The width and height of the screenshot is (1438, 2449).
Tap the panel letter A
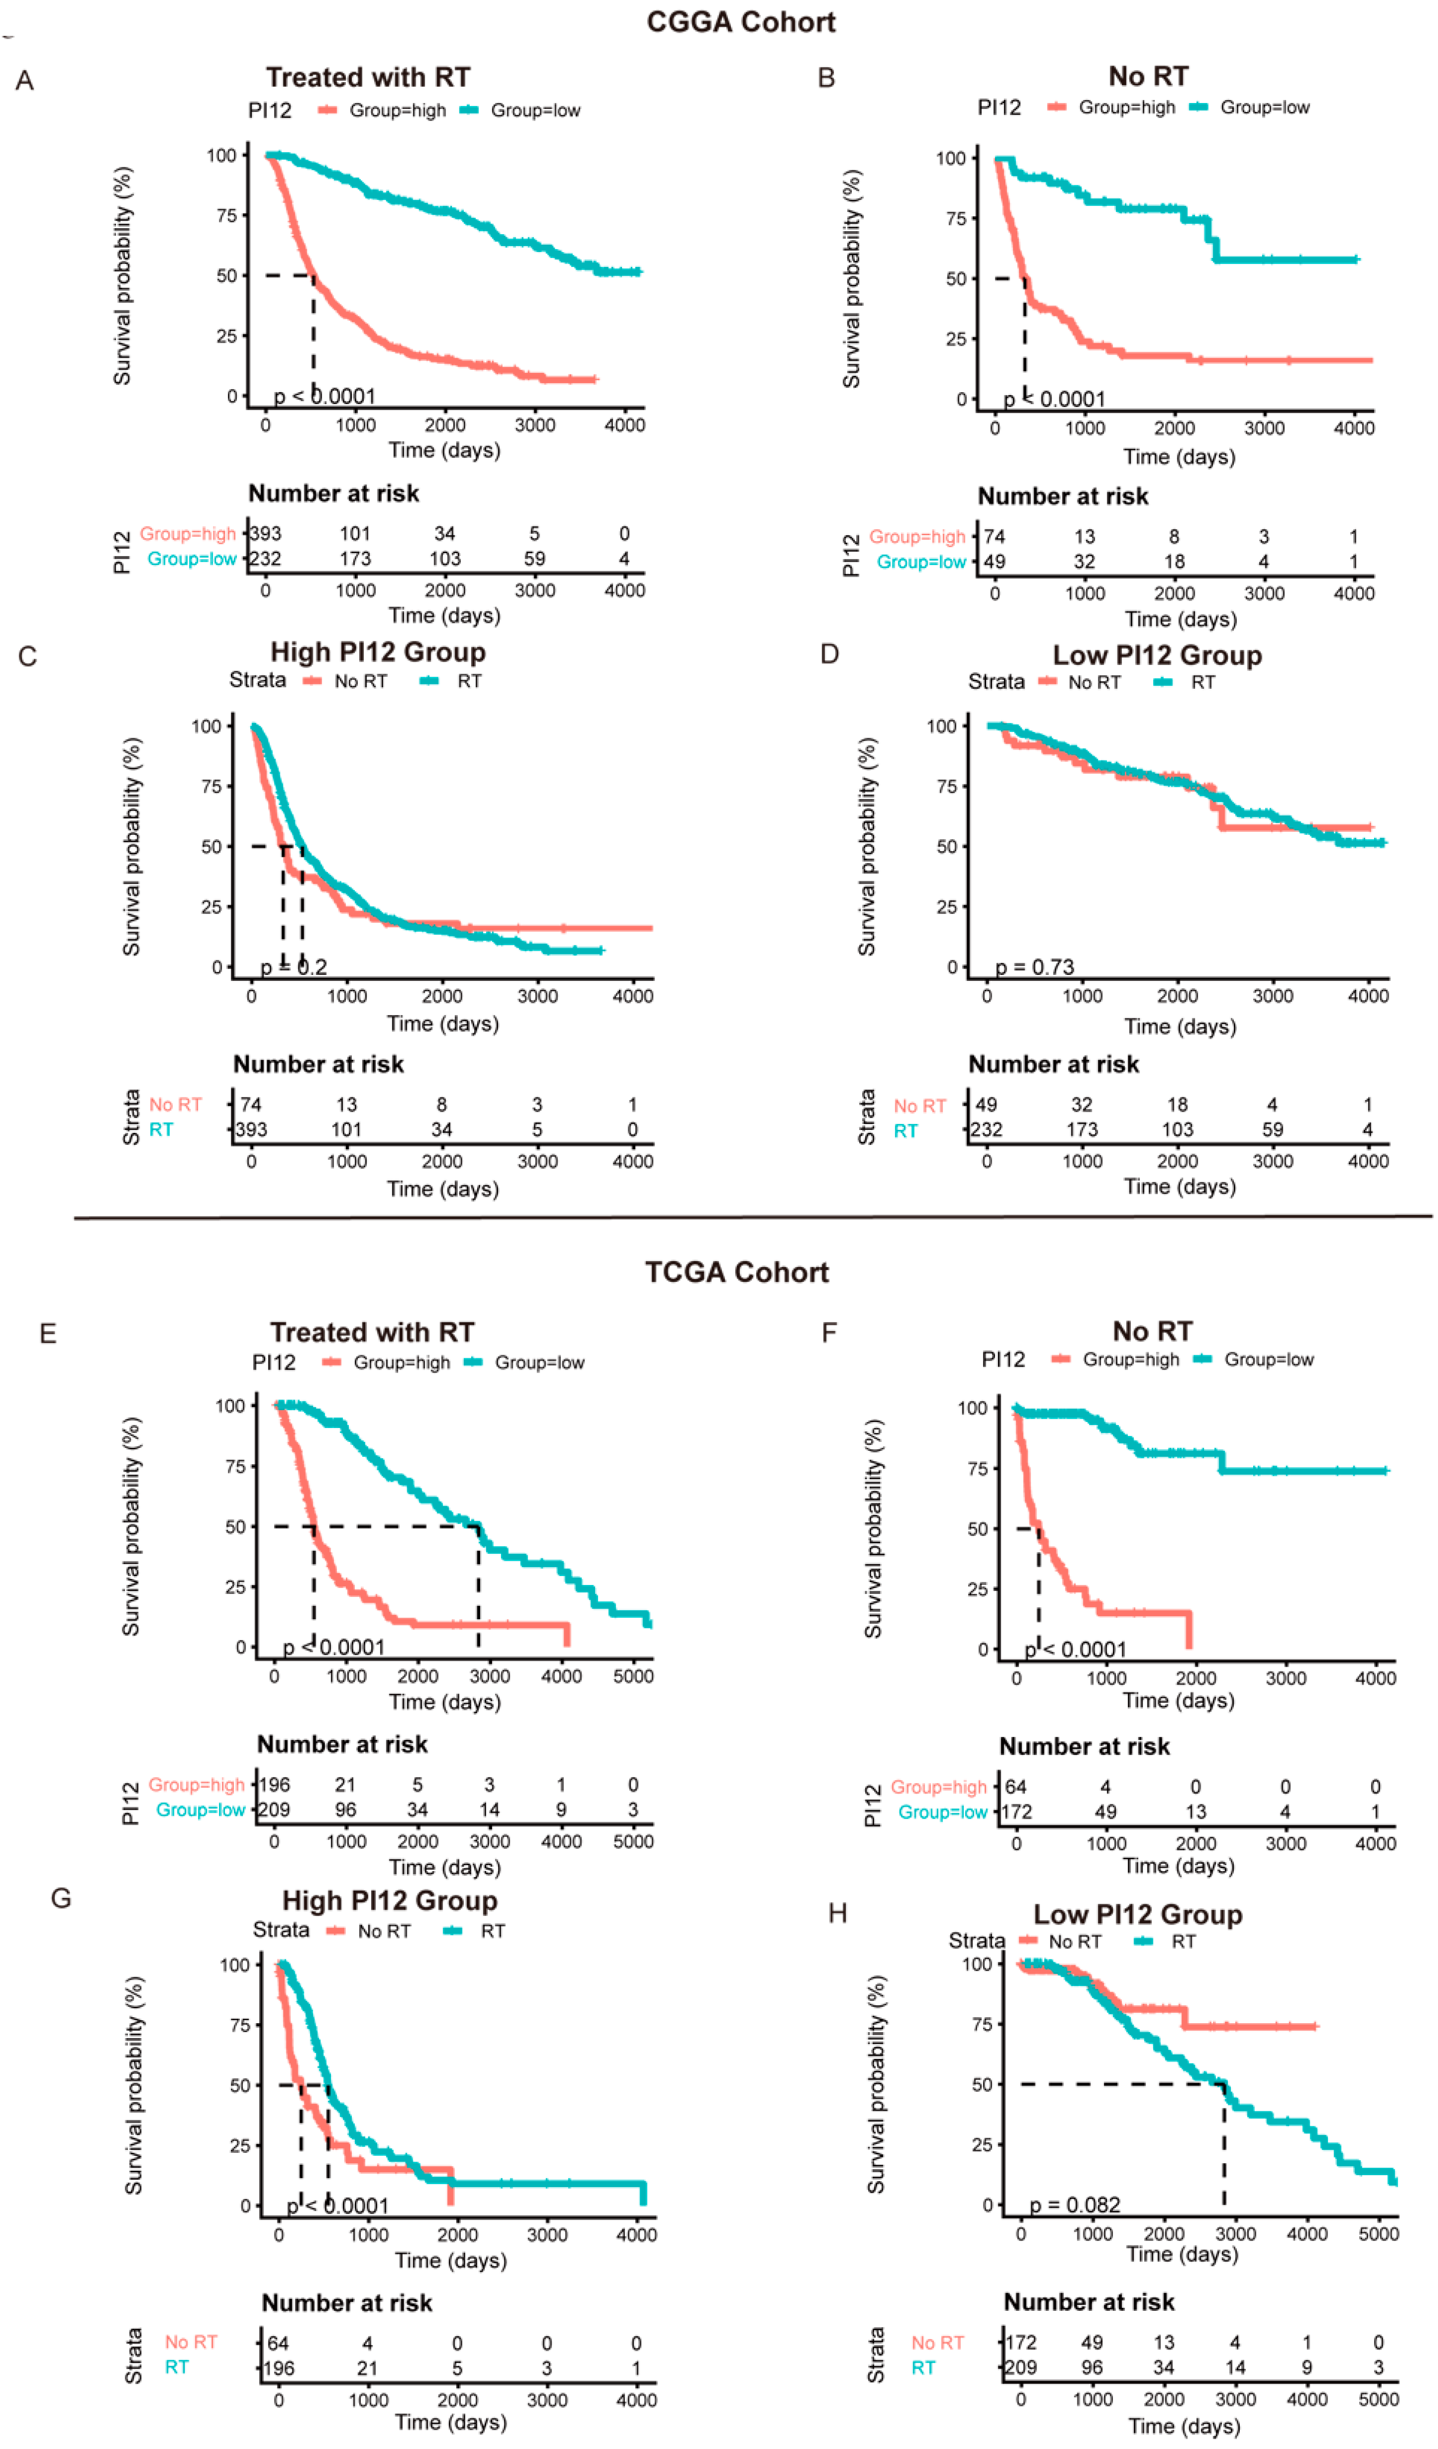coord(25,81)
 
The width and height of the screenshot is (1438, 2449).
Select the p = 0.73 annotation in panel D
coord(1035,967)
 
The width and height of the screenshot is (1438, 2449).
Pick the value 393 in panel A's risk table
coord(266,534)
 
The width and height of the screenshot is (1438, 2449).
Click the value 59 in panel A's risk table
coord(535,559)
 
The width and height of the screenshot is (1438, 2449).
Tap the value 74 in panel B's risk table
coord(994,536)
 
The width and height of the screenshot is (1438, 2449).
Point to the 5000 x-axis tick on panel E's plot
coord(633,1677)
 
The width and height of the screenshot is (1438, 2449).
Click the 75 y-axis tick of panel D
coord(947,786)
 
